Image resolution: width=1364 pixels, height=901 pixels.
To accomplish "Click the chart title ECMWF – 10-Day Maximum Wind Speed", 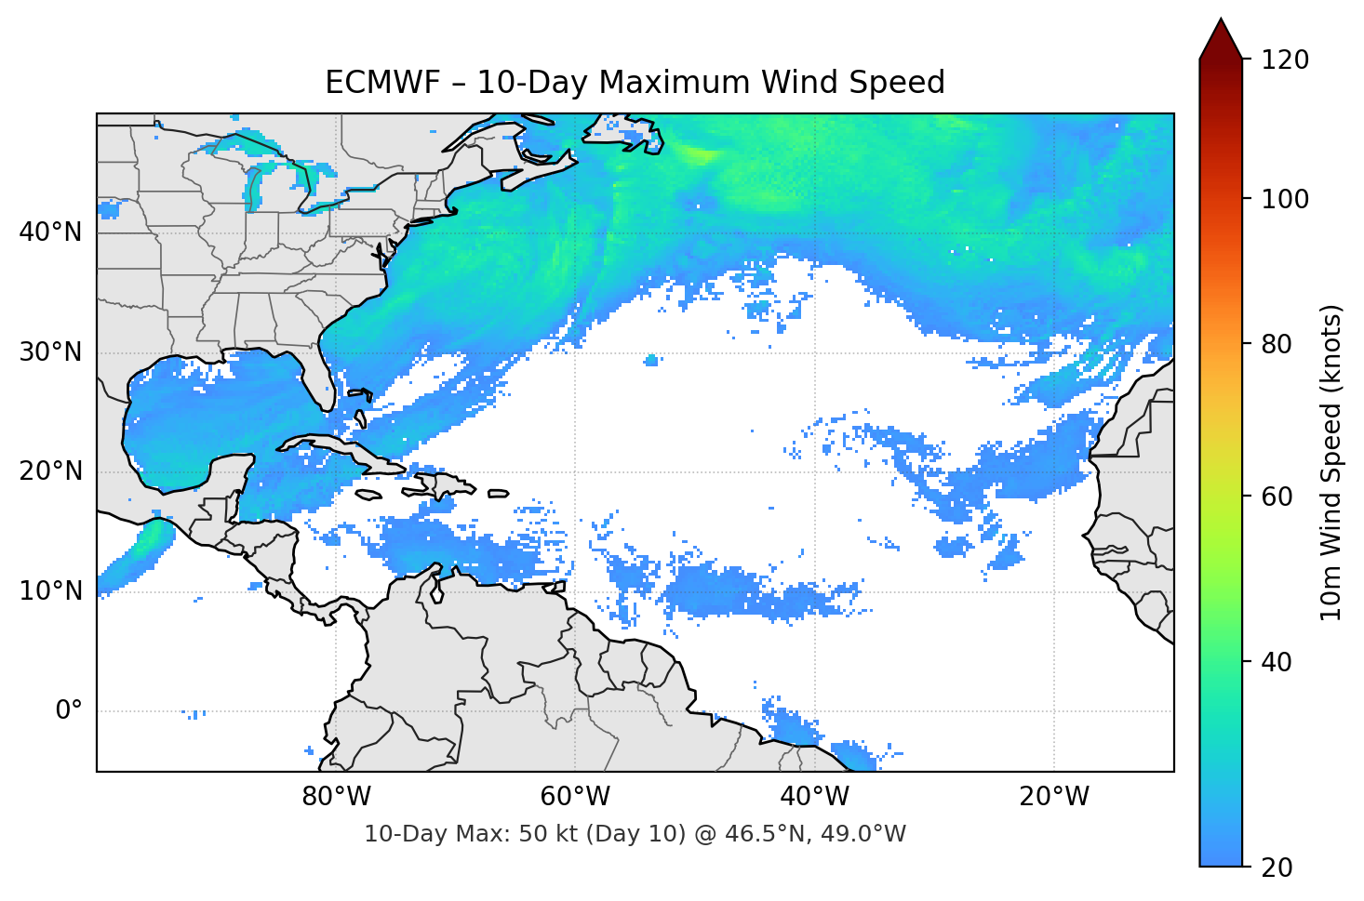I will click(635, 83).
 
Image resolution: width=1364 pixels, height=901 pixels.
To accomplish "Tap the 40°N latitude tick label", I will click(50, 232).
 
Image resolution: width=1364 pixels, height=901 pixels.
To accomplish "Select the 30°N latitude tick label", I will click(50, 352).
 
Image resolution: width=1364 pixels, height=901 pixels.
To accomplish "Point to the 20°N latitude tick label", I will click(50, 471).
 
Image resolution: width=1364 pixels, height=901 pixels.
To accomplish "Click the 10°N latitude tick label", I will click(50, 591).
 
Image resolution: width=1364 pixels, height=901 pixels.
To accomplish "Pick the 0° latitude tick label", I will click(69, 711).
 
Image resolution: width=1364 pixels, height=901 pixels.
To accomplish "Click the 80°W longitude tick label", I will click(336, 797).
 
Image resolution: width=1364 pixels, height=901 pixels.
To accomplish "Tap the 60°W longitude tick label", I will click(575, 797).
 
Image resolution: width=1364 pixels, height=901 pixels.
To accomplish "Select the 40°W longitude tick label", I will click(814, 797).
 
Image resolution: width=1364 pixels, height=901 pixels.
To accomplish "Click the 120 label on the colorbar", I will click(1285, 60).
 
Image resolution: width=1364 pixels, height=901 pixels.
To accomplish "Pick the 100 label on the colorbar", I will click(1285, 199).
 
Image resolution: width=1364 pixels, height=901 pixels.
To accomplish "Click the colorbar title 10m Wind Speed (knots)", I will click(1331, 463).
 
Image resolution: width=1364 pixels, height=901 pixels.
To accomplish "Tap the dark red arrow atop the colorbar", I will click(1221, 40).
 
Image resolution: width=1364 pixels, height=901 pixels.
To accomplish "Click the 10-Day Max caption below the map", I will click(635, 834).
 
